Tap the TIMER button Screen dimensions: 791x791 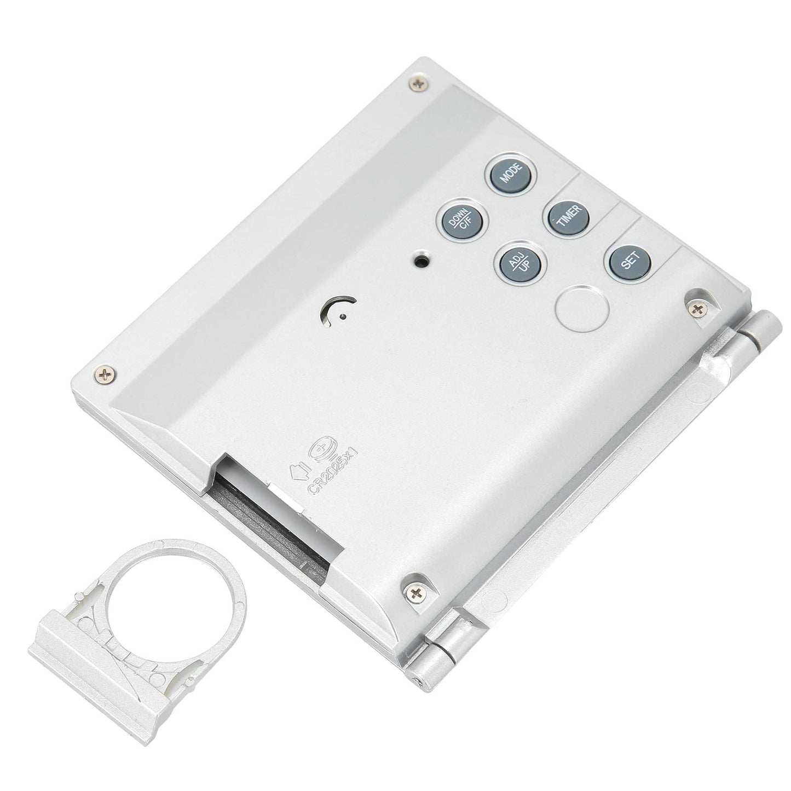(x=567, y=217)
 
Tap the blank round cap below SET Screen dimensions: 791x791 (x=581, y=308)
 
